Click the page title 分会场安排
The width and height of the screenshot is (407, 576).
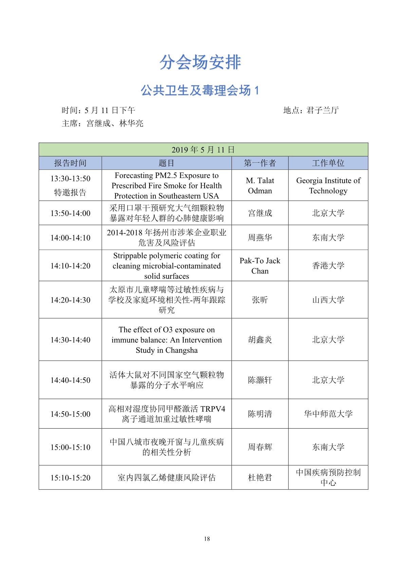tap(200, 62)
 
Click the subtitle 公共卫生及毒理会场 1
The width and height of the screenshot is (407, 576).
tap(200, 90)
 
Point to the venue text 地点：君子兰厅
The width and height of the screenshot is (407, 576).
tap(311, 110)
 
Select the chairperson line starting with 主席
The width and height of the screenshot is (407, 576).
tap(103, 123)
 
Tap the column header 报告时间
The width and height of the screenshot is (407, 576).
tap(70, 163)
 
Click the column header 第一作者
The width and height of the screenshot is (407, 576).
tap(260, 163)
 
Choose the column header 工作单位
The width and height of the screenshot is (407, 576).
tap(328, 163)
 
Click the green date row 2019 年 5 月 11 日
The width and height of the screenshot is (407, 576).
tap(203, 150)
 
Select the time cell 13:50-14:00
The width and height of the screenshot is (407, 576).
tap(70, 213)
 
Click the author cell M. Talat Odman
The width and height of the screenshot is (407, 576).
tap(260, 185)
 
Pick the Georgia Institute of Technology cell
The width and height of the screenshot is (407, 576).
tap(328, 185)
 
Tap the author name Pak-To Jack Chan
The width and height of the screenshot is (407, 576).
tap(260, 266)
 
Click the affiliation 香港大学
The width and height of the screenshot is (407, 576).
tap(328, 266)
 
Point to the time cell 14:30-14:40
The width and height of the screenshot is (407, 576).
tap(70, 340)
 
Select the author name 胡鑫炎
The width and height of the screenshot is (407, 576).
tap(260, 340)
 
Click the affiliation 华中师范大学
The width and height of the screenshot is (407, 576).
tap(328, 414)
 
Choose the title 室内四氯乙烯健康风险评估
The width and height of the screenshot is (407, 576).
tap(166, 478)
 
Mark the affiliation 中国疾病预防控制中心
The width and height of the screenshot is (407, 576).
tap(328, 478)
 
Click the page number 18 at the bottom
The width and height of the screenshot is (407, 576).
tap(207, 539)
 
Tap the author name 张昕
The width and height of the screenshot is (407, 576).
tap(260, 300)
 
